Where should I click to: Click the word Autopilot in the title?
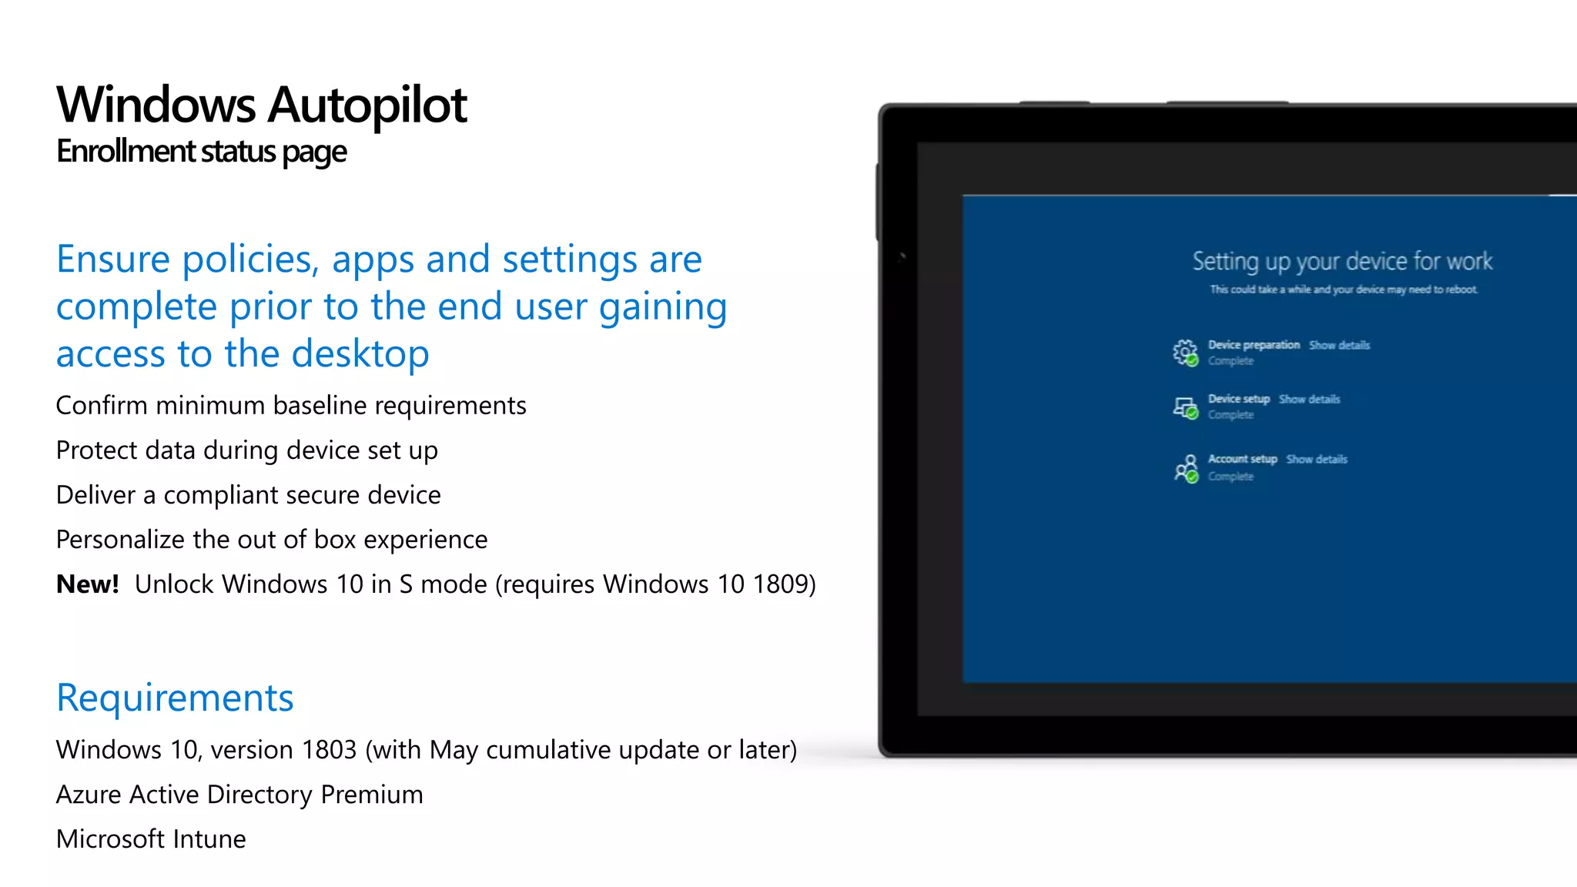tap(367, 105)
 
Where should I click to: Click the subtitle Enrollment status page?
tap(201, 152)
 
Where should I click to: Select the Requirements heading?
tap(175, 698)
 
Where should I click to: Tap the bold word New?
tap(87, 584)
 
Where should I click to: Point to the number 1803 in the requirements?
tap(329, 750)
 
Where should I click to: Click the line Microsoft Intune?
tap(151, 839)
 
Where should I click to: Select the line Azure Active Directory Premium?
tap(239, 795)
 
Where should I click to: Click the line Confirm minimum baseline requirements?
tap(291, 406)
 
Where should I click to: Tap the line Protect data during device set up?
tap(246, 450)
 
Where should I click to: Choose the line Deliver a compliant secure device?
tap(248, 495)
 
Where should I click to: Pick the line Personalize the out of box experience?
tap(271, 540)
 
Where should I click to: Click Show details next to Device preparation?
tap(1339, 345)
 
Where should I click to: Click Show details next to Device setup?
tap(1309, 399)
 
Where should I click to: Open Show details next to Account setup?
tap(1316, 459)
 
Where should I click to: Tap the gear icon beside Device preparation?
tap(1184, 352)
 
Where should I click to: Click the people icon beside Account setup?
tap(1186, 467)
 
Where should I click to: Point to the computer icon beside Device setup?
tap(1184, 407)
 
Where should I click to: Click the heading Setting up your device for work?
tap(1342, 262)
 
